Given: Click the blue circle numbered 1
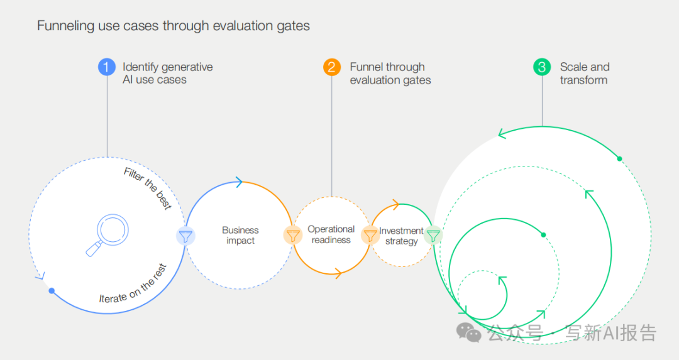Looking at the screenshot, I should [x=107, y=67].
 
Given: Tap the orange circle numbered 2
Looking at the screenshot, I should [x=332, y=67].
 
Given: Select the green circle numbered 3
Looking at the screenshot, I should [x=542, y=67].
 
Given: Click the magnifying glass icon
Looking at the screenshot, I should [x=106, y=234].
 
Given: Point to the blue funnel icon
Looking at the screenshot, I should [x=185, y=236].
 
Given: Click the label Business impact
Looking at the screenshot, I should [x=240, y=235].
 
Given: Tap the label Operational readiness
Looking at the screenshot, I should [x=331, y=234].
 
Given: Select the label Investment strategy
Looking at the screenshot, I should [x=401, y=236].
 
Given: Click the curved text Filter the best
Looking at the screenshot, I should [x=148, y=188].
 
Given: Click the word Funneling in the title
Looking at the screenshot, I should [x=65, y=26].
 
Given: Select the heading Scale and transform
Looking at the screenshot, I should [x=584, y=74].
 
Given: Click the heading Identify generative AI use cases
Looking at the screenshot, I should [x=167, y=74].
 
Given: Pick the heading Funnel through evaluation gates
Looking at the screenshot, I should [x=390, y=74].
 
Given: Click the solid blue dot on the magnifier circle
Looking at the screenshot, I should [x=52, y=291].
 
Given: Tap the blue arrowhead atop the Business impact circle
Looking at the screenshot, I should [x=239, y=182].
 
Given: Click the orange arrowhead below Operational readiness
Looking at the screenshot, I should [x=338, y=273].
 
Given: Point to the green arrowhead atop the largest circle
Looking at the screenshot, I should [x=502, y=133].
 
